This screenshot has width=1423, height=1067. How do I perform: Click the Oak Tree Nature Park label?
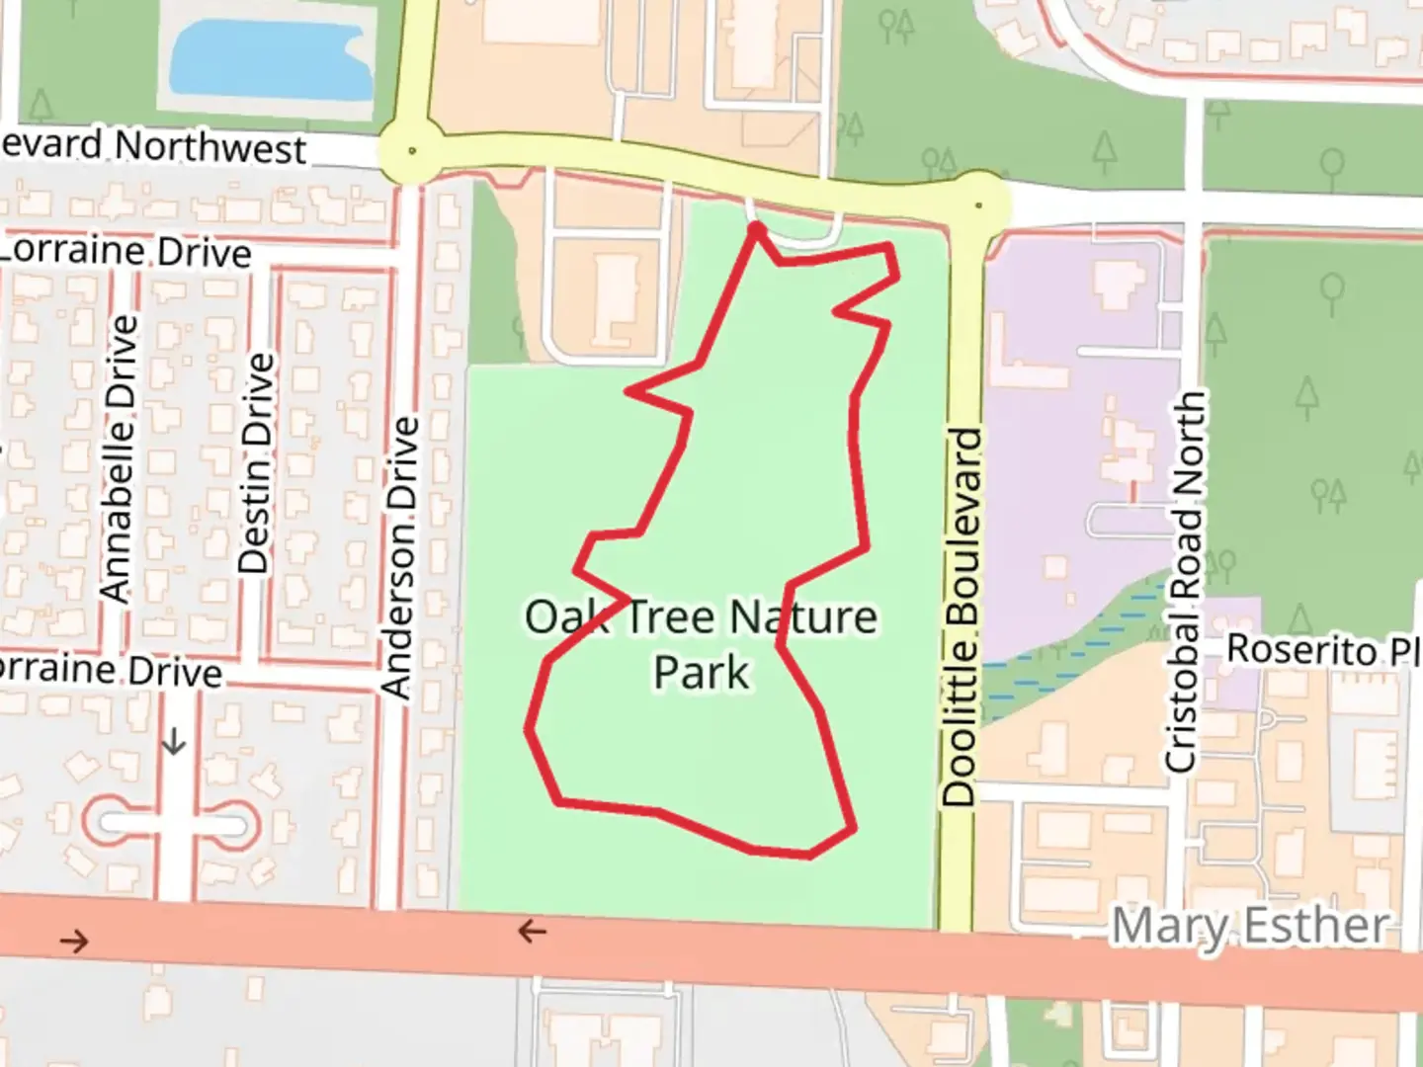pyautogui.click(x=701, y=643)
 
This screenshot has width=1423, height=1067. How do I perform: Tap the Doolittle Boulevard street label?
pyautogui.click(x=960, y=616)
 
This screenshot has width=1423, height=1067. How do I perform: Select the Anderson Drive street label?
pyautogui.click(x=400, y=558)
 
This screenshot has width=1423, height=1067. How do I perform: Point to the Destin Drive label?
pyautogui.click(x=255, y=463)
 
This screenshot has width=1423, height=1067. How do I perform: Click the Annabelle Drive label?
pyautogui.click(x=117, y=458)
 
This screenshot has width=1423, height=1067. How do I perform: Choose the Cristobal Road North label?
pyautogui.click(x=1185, y=581)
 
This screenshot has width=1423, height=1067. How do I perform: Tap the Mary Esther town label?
pyautogui.click(x=1249, y=927)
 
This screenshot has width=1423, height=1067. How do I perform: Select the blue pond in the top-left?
pyautogui.click(x=269, y=57)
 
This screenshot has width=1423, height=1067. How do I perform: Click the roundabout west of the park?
pyautogui.click(x=411, y=151)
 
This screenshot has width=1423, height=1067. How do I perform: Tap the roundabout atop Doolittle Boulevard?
pyautogui.click(x=978, y=205)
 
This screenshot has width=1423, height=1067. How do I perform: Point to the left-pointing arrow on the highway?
pyautogui.click(x=532, y=931)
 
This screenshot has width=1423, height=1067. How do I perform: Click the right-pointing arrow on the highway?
pyautogui.click(x=74, y=941)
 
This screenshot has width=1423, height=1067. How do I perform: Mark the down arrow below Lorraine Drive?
pyautogui.click(x=174, y=741)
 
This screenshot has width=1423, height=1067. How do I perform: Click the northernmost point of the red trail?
pyautogui.click(x=757, y=228)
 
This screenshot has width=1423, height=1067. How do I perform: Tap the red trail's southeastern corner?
pyautogui.click(x=853, y=828)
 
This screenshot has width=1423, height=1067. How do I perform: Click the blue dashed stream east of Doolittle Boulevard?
pyautogui.click(x=1077, y=652)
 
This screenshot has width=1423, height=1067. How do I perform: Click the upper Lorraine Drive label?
pyautogui.click(x=126, y=251)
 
